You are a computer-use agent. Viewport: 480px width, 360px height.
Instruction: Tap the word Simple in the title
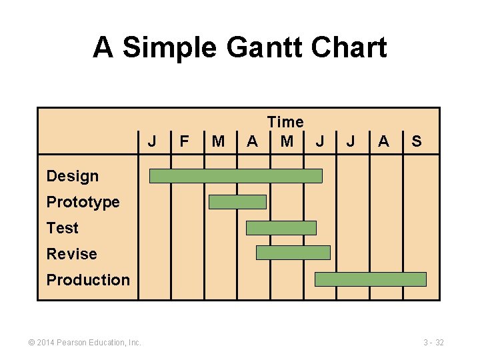(169, 48)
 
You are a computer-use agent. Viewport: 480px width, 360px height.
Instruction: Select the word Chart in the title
(350, 48)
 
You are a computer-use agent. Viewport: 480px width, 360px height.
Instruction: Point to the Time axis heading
(285, 122)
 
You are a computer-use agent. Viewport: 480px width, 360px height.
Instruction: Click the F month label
(185, 141)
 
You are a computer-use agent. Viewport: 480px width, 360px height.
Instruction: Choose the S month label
(417, 141)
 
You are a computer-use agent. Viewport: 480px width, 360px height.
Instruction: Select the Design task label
(72, 176)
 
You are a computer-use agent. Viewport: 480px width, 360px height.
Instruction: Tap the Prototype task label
(83, 202)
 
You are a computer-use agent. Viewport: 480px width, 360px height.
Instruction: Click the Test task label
(62, 228)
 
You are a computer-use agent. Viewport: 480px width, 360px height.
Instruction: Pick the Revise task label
(71, 254)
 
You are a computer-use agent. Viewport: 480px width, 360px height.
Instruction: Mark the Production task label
(88, 280)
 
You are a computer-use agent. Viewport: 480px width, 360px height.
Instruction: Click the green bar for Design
(235, 176)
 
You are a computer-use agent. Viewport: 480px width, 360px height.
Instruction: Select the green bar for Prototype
(237, 202)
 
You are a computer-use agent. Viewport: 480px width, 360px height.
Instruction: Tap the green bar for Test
(281, 228)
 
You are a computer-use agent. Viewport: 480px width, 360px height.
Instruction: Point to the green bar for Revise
(293, 253)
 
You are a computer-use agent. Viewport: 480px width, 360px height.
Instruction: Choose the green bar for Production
(370, 279)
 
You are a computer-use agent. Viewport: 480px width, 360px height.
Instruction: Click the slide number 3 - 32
(433, 343)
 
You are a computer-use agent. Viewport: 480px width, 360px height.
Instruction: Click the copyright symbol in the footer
(31, 343)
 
